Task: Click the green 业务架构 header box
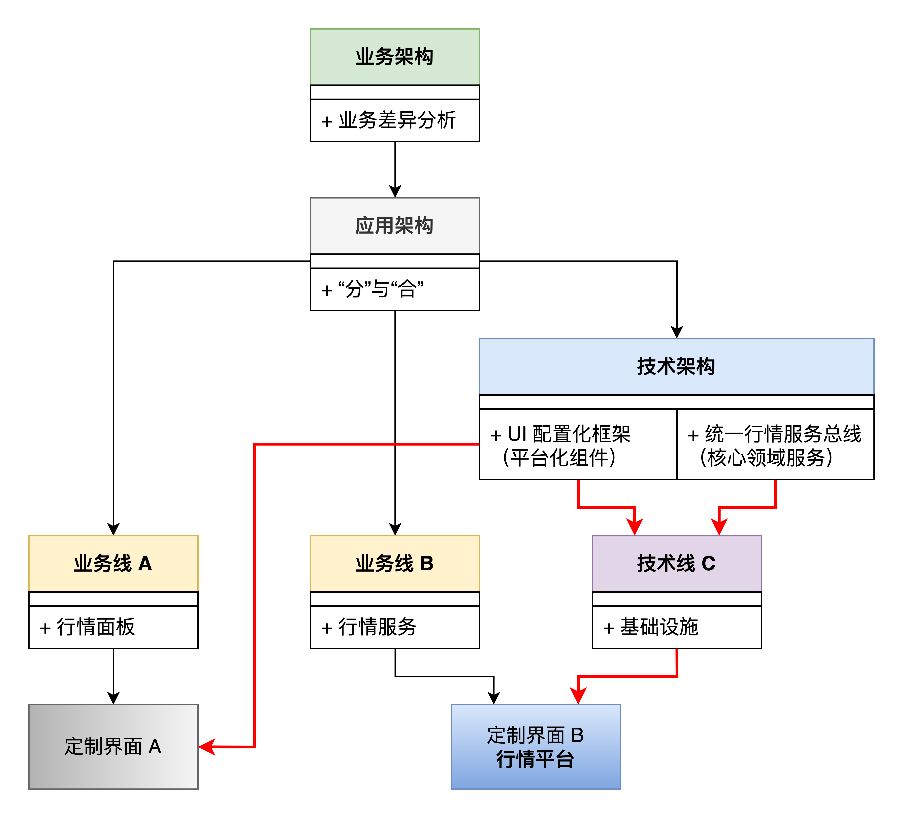click(x=395, y=57)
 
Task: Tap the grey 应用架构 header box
click(x=395, y=226)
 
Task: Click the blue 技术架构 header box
click(x=676, y=366)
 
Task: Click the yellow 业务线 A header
click(x=113, y=563)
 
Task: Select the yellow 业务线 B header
click(x=395, y=563)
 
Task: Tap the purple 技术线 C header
click(x=676, y=563)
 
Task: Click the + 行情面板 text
click(x=87, y=627)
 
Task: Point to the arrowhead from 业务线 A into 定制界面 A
click(x=113, y=698)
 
